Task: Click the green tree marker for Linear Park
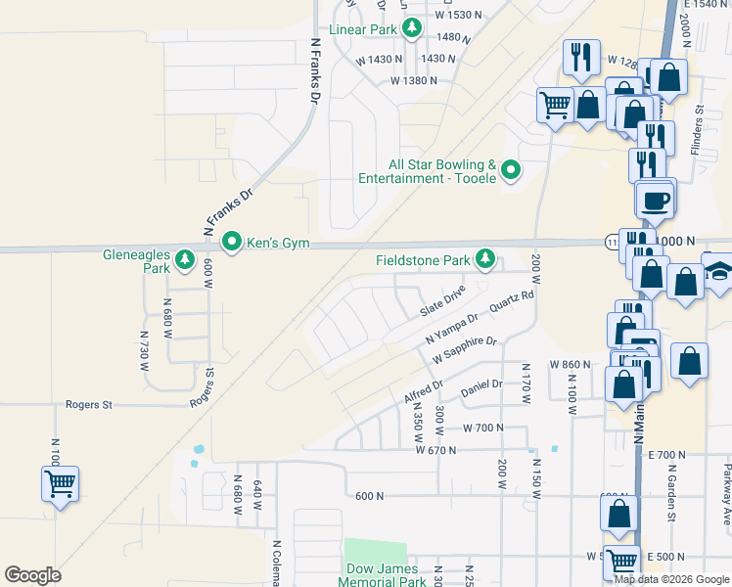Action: click(413, 28)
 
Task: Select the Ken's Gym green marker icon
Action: click(232, 241)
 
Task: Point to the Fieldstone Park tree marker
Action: click(484, 259)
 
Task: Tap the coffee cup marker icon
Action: click(655, 200)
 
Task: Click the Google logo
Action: click(32, 575)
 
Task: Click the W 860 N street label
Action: click(571, 364)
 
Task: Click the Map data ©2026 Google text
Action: click(671, 579)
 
